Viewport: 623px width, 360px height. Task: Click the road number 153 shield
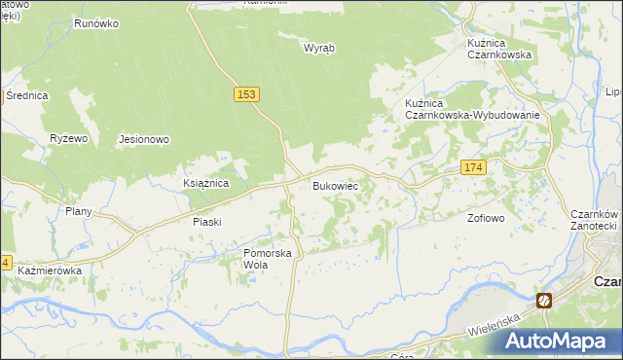(x=246, y=93)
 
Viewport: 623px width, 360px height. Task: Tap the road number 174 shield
(x=473, y=168)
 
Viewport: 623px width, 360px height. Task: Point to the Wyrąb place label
(x=318, y=48)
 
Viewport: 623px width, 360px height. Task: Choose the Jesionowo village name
(x=144, y=139)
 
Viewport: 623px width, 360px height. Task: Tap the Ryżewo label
(x=69, y=138)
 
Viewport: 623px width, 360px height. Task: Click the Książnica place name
(x=205, y=182)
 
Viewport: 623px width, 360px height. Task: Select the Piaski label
(x=206, y=221)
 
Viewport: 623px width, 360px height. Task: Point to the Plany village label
(x=78, y=211)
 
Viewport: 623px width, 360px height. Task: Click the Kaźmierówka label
(x=49, y=270)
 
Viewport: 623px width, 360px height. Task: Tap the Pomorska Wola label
(x=268, y=259)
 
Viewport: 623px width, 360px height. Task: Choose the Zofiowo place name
(x=486, y=218)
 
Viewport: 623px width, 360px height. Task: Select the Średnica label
(x=26, y=95)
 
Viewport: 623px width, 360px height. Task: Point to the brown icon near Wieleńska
(x=544, y=301)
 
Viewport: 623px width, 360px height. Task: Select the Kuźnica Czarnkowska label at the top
(x=498, y=49)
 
